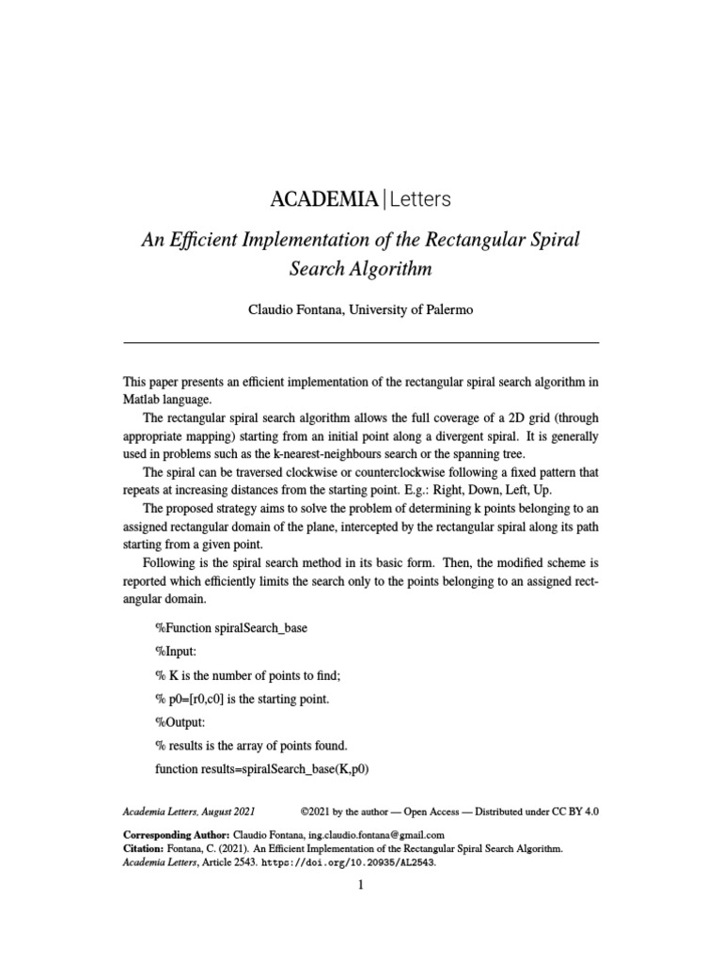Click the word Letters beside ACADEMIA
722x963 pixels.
click(419, 199)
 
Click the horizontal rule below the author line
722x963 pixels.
click(360, 342)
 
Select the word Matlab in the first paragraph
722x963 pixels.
click(144, 398)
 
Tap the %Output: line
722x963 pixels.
click(179, 721)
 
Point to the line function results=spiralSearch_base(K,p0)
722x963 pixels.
click(261, 768)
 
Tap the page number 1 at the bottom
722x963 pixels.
click(360, 886)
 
